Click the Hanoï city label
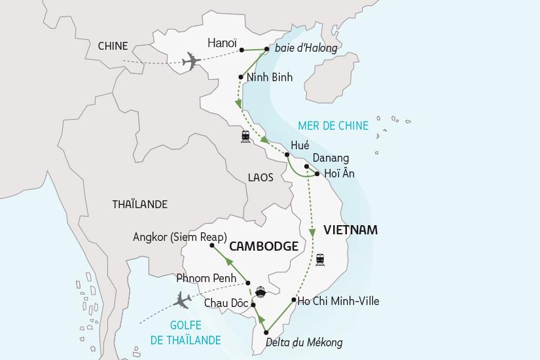point(222,43)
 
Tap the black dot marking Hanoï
point(242,50)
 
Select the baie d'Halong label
point(306,48)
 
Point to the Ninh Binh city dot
point(241,77)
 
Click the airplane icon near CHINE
point(191,62)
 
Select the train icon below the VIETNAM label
point(319,259)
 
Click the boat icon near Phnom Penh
point(261,291)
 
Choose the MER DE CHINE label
point(333,126)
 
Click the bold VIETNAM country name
point(350,230)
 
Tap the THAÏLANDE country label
point(139,204)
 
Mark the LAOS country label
point(261,177)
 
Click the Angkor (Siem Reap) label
point(179,237)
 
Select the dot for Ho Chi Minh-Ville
point(294,301)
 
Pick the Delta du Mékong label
point(304,342)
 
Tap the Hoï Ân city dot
point(317,174)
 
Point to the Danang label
point(331,158)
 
